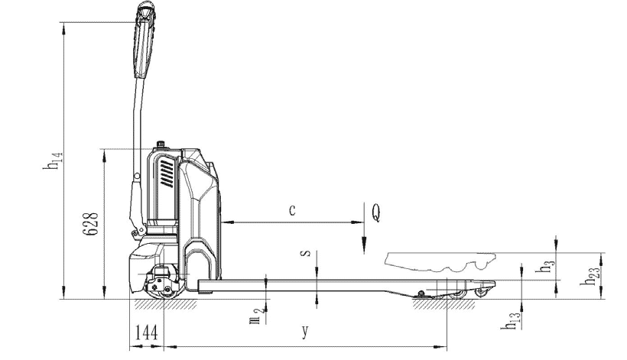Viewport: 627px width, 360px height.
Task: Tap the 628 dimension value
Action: (x=90, y=223)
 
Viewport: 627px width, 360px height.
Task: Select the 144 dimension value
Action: (x=146, y=332)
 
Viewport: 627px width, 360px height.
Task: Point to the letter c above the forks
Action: (x=292, y=209)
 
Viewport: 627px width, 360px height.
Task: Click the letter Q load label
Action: (x=376, y=212)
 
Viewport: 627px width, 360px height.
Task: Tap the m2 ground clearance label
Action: (x=256, y=315)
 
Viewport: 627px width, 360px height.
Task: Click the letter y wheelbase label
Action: (x=305, y=331)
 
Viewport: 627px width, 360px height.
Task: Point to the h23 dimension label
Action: (x=590, y=276)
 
